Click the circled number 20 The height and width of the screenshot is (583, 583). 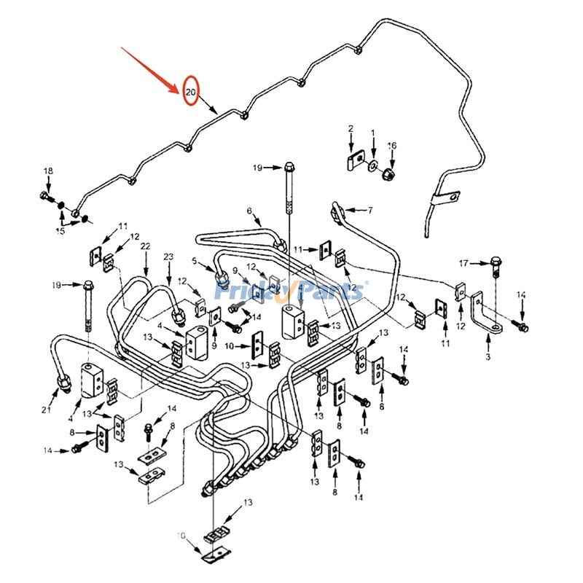pyautogui.click(x=191, y=93)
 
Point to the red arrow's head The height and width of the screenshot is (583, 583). pyautogui.click(x=180, y=93)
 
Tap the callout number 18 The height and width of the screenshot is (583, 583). pyautogui.click(x=48, y=171)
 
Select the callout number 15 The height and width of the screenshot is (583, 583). pyautogui.click(x=60, y=231)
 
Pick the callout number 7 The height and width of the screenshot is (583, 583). pyautogui.click(x=369, y=210)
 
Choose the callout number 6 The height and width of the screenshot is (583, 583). pyautogui.click(x=249, y=211)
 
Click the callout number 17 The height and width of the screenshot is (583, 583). pyautogui.click(x=463, y=262)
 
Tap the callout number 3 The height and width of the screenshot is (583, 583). pyautogui.click(x=488, y=357)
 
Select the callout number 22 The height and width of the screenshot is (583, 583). pyautogui.click(x=146, y=247)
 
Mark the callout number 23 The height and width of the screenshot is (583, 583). pyautogui.click(x=168, y=257)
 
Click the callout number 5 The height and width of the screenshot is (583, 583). pyautogui.click(x=194, y=261)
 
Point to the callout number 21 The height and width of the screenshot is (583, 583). pyautogui.click(x=47, y=410)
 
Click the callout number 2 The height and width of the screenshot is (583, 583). pyautogui.click(x=351, y=130)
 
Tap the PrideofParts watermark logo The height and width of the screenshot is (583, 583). pyautogui.click(x=291, y=291)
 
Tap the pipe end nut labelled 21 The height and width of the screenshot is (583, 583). pyautogui.click(x=62, y=380)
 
